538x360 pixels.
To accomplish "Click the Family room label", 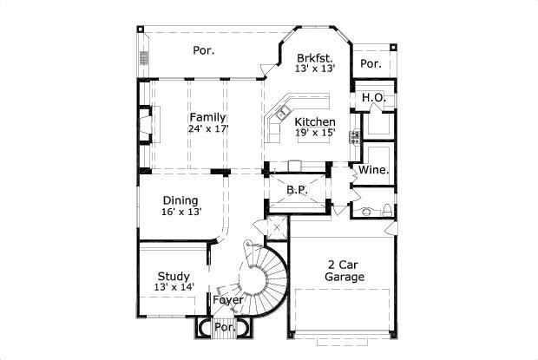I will [207, 117].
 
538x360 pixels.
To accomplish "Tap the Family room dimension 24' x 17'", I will [207, 128].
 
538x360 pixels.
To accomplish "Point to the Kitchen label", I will [314, 121].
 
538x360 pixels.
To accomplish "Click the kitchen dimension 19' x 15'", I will [314, 133].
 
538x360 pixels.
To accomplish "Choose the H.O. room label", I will [373, 97].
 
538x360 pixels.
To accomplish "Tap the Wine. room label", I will [373, 170].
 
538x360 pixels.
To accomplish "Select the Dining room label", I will [180, 200].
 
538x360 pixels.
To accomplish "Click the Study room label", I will [173, 277].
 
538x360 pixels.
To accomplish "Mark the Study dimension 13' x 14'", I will [173, 287].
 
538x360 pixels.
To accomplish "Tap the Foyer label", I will [228, 300].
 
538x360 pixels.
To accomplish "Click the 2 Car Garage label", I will [344, 271].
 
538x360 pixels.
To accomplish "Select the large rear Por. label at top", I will [203, 50].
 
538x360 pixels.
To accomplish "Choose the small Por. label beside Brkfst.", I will [371, 63].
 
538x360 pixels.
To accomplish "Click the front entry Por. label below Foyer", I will [225, 328].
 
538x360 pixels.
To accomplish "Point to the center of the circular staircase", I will [257, 282].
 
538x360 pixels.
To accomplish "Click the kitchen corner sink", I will [283, 114].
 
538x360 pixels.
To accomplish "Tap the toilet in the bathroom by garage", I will [366, 210].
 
